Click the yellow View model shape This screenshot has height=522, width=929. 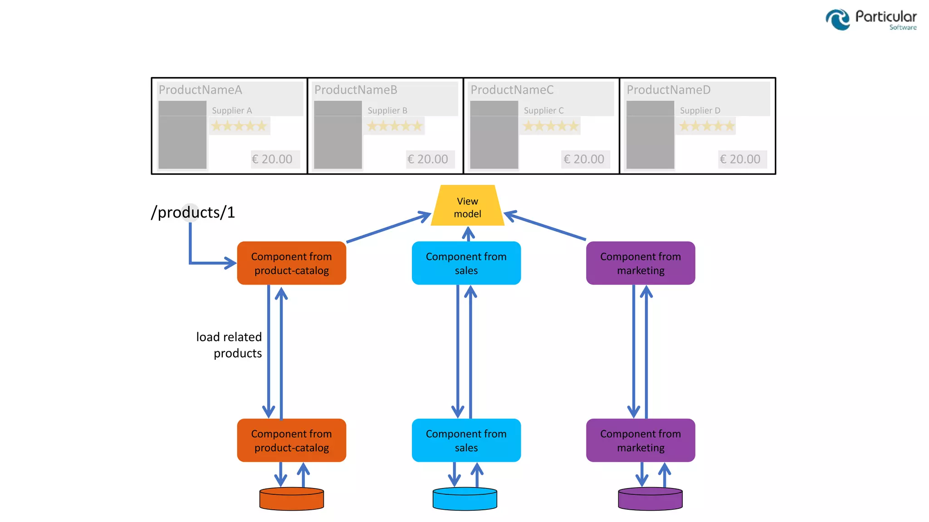click(x=467, y=206)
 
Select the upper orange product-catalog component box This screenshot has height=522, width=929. click(x=291, y=263)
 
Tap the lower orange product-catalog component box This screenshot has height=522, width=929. click(x=291, y=440)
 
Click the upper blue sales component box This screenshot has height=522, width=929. click(x=466, y=263)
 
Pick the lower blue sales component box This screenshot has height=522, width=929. click(x=466, y=440)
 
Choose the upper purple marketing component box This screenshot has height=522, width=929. click(x=640, y=263)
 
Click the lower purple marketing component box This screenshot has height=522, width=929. click(x=640, y=440)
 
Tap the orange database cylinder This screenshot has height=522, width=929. click(x=291, y=499)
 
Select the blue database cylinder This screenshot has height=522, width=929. click(x=464, y=499)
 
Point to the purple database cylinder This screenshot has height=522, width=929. click(x=650, y=499)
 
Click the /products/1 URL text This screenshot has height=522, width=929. click(x=193, y=213)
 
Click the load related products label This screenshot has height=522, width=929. click(x=229, y=345)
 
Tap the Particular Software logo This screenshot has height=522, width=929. click(x=870, y=20)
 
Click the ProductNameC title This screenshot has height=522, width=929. click(x=512, y=90)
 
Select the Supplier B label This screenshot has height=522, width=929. click(x=387, y=111)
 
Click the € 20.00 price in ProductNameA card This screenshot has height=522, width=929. click(x=272, y=159)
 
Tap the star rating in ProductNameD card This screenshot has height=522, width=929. click(x=706, y=126)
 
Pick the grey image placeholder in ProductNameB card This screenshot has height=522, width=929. click(x=338, y=135)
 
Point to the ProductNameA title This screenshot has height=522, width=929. click(x=200, y=90)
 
